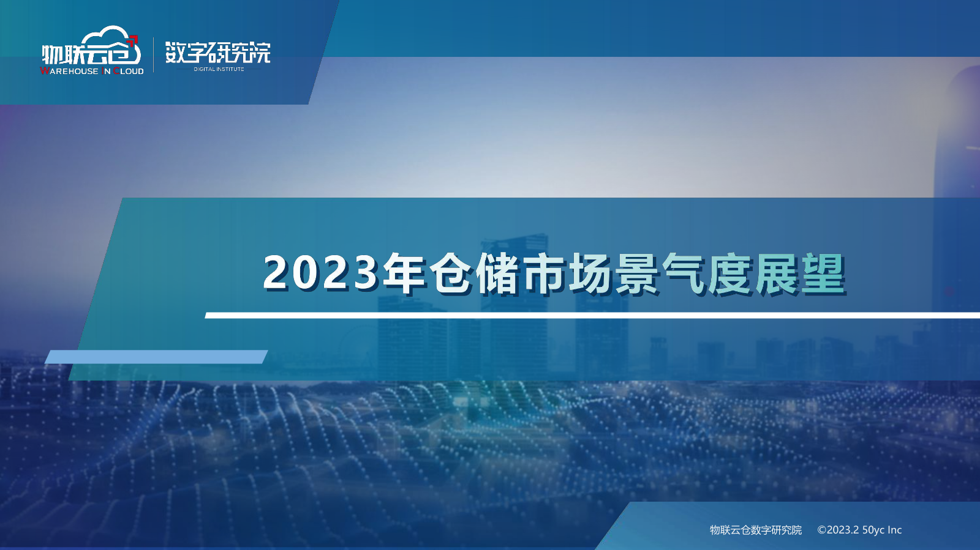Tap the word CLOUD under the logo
pyautogui.click(x=129, y=71)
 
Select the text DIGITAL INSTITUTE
pyautogui.click(x=219, y=69)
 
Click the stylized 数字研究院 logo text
pyautogui.click(x=218, y=53)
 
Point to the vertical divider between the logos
pyautogui.click(x=154, y=55)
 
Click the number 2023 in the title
pyautogui.click(x=320, y=273)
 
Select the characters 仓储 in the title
pyautogui.click(x=474, y=273)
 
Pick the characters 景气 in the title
pyautogui.click(x=661, y=273)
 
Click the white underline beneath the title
pyautogui.click(x=592, y=316)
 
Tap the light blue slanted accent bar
pyautogui.click(x=156, y=357)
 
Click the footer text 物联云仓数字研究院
pyautogui.click(x=756, y=530)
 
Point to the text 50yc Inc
pyautogui.click(x=882, y=530)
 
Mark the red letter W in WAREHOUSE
pyautogui.click(x=45, y=71)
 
